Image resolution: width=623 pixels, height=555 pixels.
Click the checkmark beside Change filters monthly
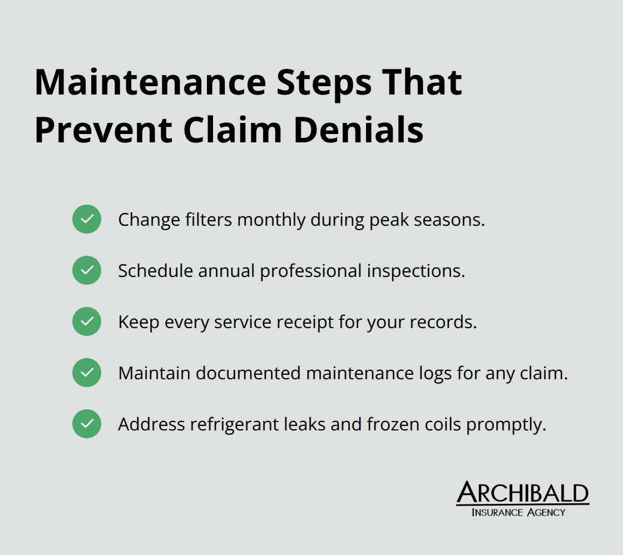[87, 219]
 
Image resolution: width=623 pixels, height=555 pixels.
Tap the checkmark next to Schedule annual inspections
[87, 270]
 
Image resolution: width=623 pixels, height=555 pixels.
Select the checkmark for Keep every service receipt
[87, 321]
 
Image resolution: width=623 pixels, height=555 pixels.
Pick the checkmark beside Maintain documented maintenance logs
[87, 373]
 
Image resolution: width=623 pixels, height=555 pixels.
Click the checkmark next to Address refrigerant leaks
[87, 424]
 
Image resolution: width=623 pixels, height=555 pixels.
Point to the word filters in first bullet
[209, 220]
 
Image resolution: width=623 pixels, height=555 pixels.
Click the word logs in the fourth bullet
[437, 374]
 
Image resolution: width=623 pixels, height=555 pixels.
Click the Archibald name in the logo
[522, 493]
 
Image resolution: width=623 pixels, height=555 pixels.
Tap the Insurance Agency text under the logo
[518, 512]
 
